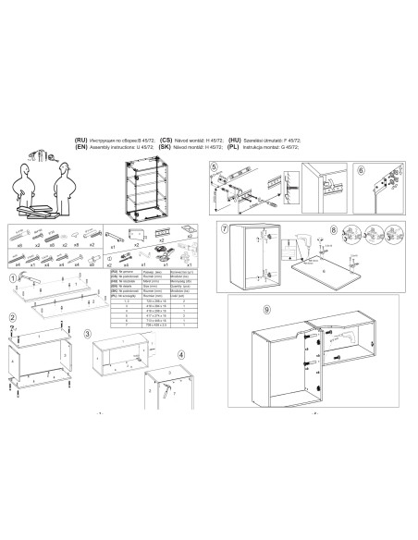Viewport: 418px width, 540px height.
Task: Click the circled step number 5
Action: coord(214,167)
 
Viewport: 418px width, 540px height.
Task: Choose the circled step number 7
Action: coord(224,228)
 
